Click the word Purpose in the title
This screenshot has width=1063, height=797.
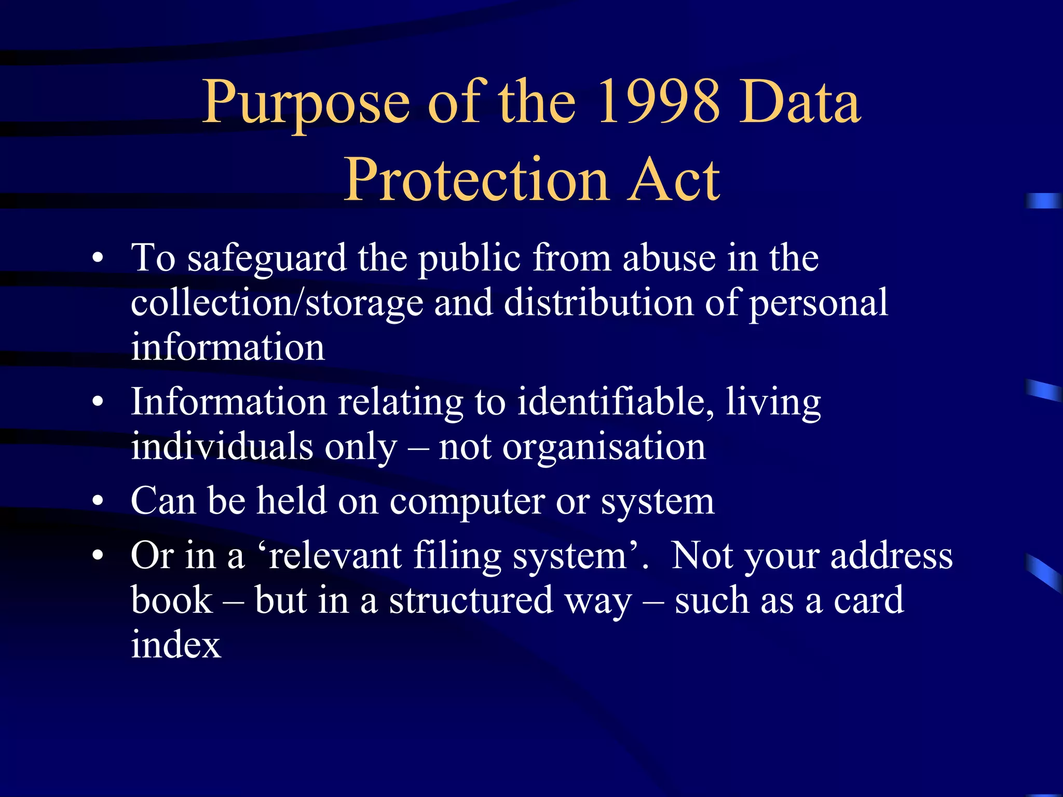[306, 104]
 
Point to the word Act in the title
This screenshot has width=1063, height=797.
[674, 180]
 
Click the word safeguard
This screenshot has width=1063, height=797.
[267, 259]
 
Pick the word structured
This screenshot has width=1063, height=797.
[471, 601]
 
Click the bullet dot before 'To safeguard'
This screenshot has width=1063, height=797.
[98, 258]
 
